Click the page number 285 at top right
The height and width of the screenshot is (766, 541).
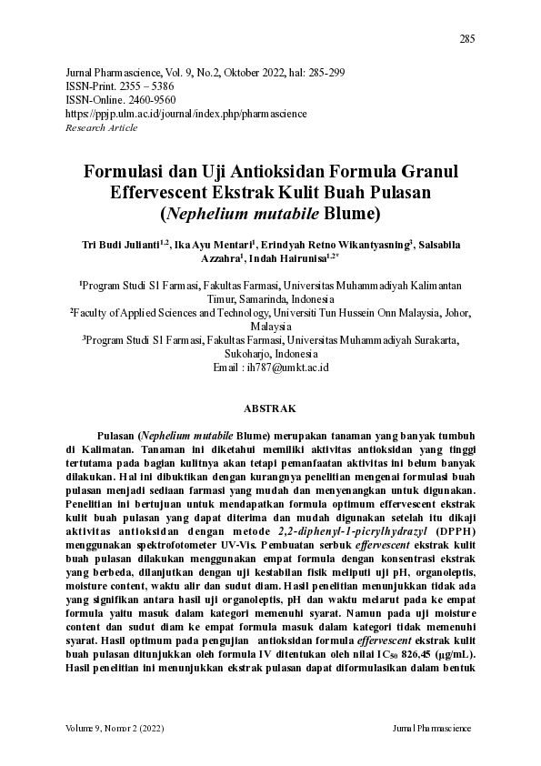pyautogui.click(x=467, y=38)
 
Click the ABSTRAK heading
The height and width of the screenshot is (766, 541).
pyautogui.click(x=270, y=409)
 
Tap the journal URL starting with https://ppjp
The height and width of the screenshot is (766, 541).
pyautogui.click(x=186, y=114)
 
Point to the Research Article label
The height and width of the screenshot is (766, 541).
pyautogui.click(x=102, y=127)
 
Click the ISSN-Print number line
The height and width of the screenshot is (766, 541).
pyautogui.click(x=121, y=86)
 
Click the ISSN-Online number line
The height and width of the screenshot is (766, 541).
pyautogui.click(x=121, y=99)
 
